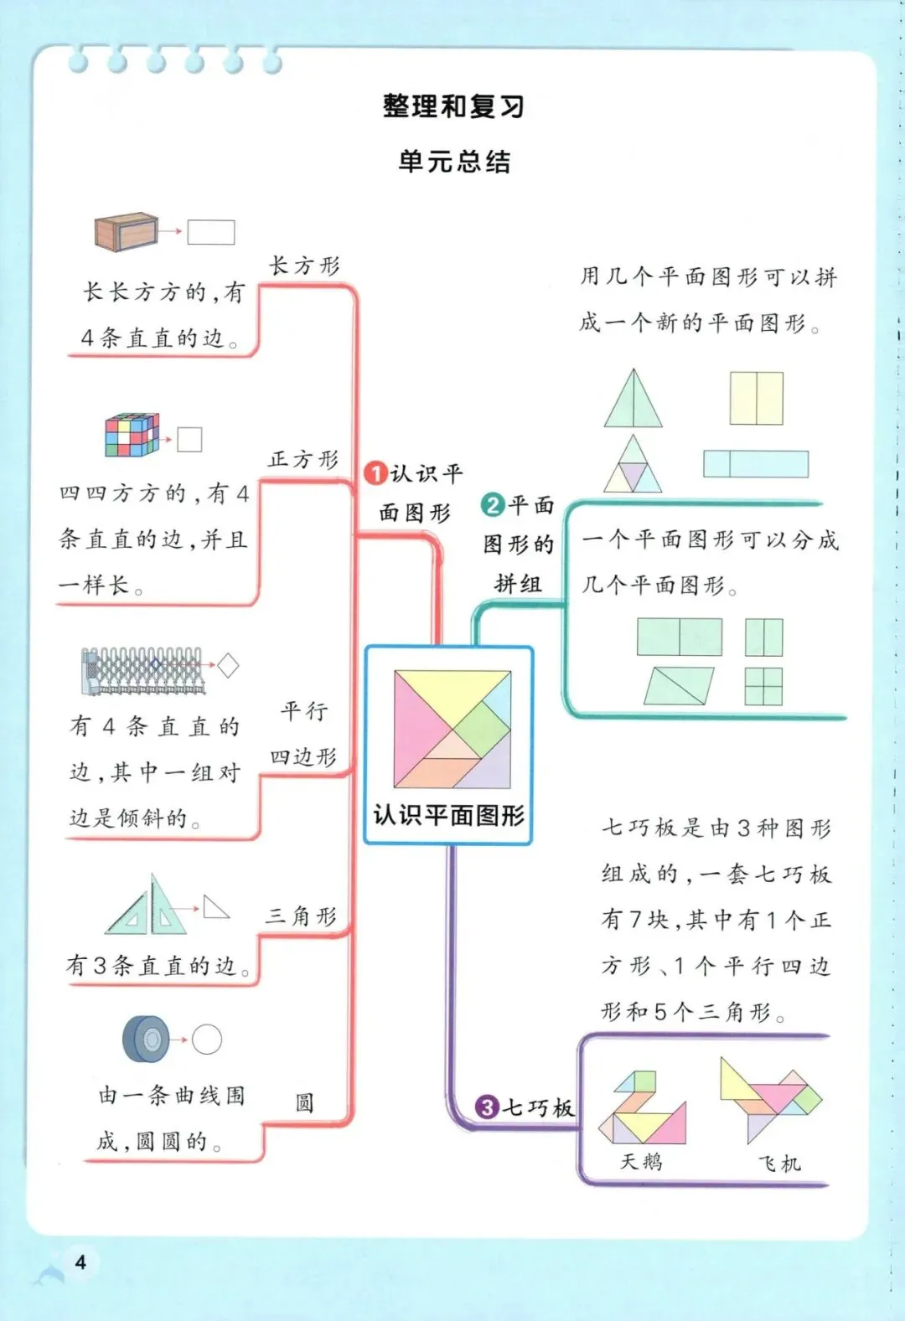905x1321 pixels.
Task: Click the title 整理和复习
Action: click(x=453, y=106)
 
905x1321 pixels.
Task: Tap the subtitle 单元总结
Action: click(x=453, y=161)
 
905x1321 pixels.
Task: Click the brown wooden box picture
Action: click(x=126, y=231)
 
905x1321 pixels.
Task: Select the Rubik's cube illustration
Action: click(x=132, y=435)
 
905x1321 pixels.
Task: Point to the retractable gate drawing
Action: click(x=142, y=670)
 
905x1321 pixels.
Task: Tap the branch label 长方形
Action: click(x=304, y=266)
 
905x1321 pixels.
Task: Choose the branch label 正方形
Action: click(x=303, y=459)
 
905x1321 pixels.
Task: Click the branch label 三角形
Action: click(x=302, y=916)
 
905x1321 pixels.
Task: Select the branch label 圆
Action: click(x=304, y=1102)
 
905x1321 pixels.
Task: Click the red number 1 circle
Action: click(x=375, y=473)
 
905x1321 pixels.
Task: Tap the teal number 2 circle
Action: click(x=493, y=504)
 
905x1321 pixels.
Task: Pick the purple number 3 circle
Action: click(x=487, y=1107)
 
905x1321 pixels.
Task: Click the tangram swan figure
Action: click(x=643, y=1107)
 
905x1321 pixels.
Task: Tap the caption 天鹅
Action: click(x=641, y=1161)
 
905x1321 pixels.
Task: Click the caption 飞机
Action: click(x=779, y=1163)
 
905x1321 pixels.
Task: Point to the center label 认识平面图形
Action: click(x=449, y=815)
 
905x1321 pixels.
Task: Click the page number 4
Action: click(x=80, y=1262)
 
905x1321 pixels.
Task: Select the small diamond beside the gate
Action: click(x=228, y=666)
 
